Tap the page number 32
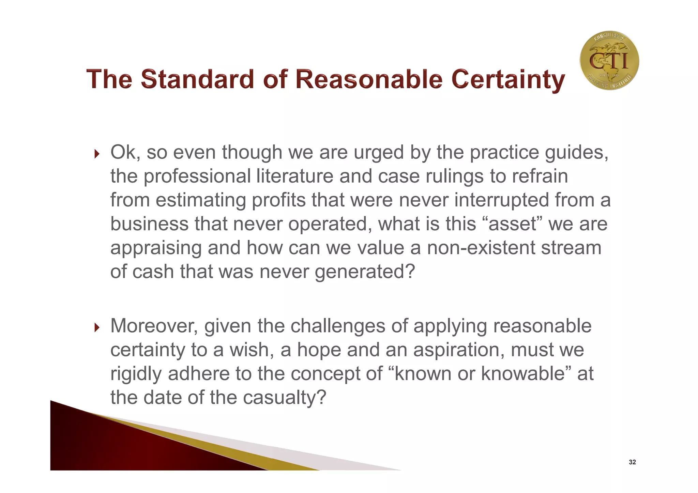coord(632,462)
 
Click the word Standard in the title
coord(197,79)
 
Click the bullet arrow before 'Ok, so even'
coord(97,154)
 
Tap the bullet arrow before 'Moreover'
coord(97,328)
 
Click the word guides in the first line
coord(576,153)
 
